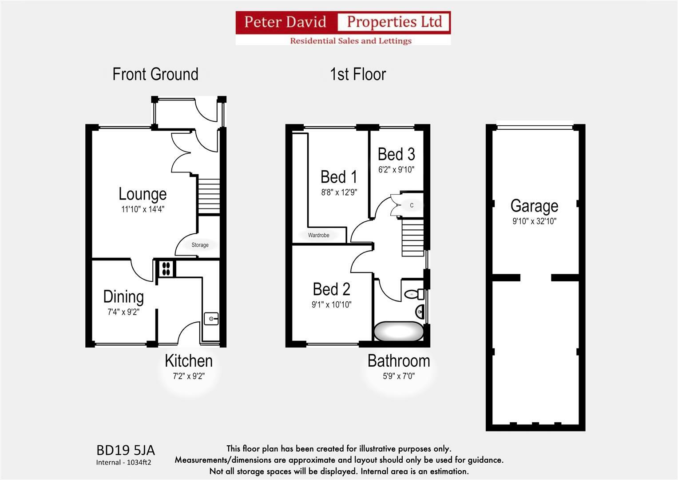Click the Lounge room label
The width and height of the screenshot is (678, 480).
point(143,194)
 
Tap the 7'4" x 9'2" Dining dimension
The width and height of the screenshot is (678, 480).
point(123,312)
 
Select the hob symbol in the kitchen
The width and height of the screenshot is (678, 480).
point(166,268)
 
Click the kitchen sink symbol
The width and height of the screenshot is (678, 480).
point(211,319)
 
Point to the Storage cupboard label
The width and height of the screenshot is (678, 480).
point(200,245)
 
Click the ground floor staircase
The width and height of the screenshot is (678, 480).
point(209,196)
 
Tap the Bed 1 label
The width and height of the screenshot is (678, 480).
point(339,177)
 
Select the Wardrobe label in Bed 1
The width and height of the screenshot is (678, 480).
point(318,235)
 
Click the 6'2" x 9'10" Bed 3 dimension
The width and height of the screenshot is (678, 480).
point(396,170)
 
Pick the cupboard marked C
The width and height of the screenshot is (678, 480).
point(412,205)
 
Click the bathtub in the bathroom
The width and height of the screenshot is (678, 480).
point(399,331)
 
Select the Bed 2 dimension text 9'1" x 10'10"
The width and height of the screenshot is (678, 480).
point(331,304)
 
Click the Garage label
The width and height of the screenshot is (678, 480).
point(534,206)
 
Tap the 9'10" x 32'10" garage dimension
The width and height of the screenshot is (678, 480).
point(534,221)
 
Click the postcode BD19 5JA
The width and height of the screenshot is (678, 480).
point(126,451)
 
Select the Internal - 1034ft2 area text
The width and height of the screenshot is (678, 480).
point(123,462)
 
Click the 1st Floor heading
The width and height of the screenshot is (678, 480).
point(358,74)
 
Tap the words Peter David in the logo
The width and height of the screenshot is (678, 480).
point(285,22)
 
